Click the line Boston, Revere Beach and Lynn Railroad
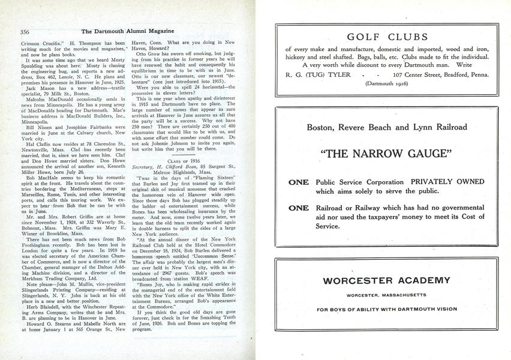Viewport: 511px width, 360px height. pos(387,127)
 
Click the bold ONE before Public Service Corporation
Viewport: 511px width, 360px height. pos(299,182)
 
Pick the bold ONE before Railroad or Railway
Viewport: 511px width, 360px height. pos(299,208)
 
